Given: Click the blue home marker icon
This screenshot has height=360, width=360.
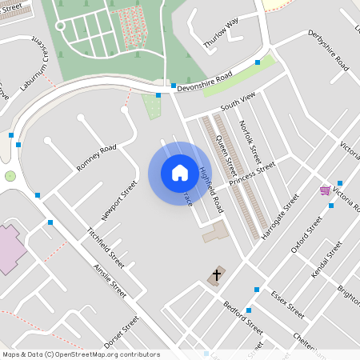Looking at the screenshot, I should coord(180,173).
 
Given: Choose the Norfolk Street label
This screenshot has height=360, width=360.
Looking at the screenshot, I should coord(250,138).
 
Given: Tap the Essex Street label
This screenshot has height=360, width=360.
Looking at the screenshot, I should coord(287,302).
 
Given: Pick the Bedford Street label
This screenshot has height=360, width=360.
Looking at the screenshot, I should coord(243,318).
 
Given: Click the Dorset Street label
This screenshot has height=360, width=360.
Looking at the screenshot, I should coord(122,330).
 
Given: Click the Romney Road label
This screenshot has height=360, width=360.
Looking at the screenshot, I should coord(97,158).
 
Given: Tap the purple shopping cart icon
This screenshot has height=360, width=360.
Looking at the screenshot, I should coord(325,190).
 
